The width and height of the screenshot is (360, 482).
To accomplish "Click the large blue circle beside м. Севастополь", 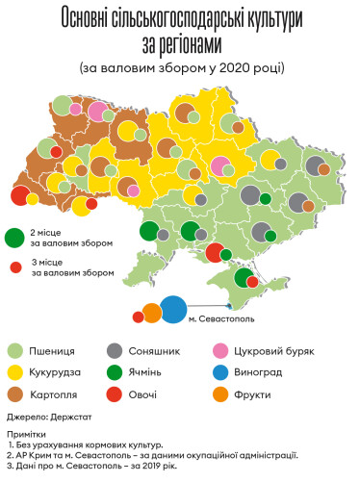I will click(x=174, y=309).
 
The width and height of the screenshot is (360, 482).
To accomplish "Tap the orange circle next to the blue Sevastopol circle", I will click(x=152, y=312).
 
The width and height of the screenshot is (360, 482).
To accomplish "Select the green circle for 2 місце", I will click(x=15, y=237).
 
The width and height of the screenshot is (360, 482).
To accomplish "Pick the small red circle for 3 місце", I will click(x=15, y=268).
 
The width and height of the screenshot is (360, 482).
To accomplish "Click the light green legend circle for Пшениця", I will click(x=15, y=351).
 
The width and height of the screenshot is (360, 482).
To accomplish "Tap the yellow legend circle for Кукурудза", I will click(x=15, y=371).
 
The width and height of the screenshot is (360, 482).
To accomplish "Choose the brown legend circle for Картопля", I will click(x=15, y=393).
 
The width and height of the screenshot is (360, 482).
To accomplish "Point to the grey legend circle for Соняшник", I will click(x=116, y=351).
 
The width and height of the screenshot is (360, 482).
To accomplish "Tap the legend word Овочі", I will click(x=152, y=393).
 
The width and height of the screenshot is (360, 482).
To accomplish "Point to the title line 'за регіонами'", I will click(x=179, y=44).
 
